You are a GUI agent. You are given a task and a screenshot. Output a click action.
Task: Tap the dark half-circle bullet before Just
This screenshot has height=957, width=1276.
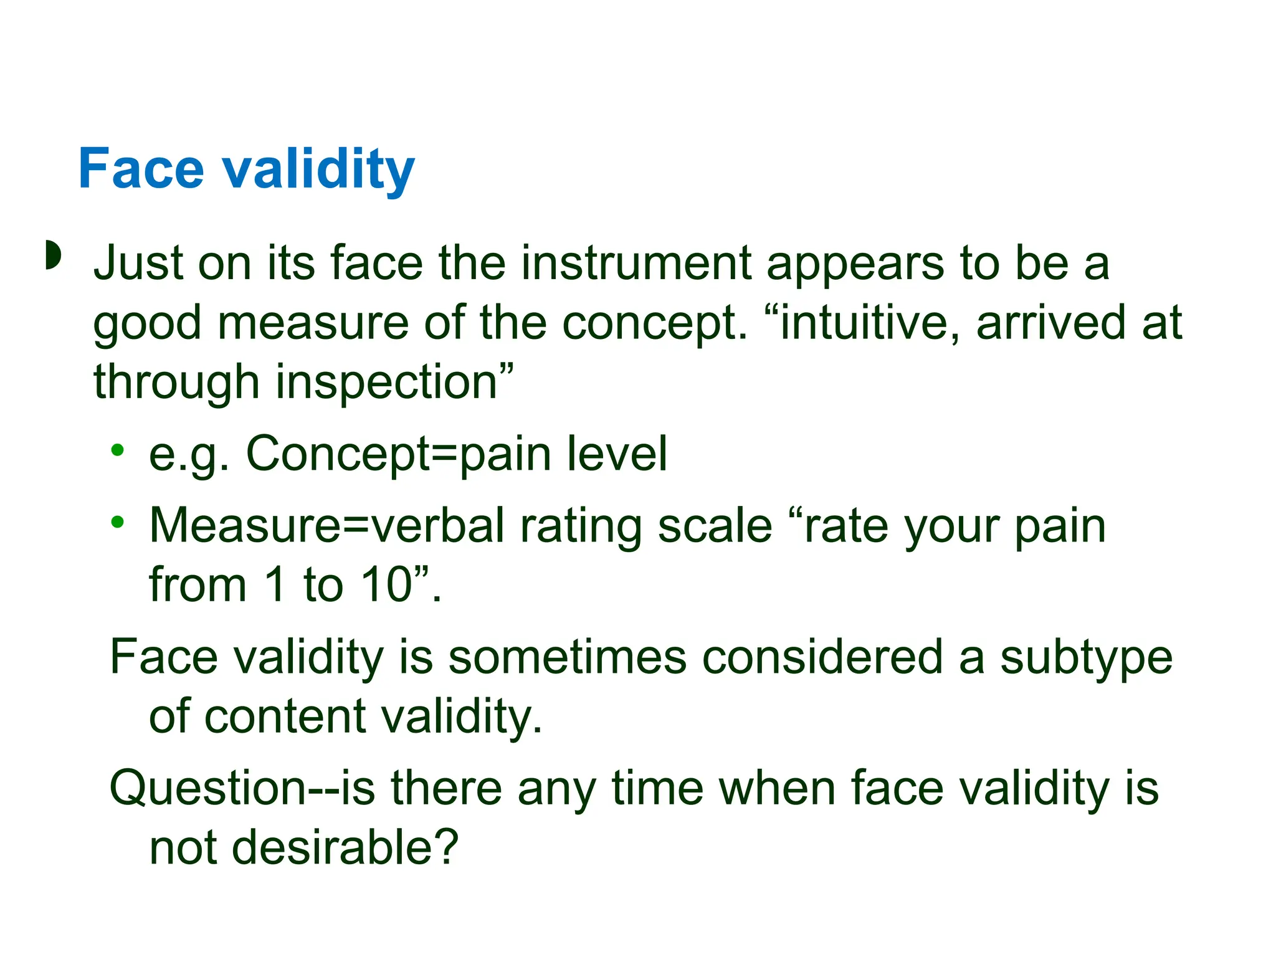click(54, 255)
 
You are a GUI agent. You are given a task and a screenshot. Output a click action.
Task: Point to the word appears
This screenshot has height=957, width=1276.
click(855, 265)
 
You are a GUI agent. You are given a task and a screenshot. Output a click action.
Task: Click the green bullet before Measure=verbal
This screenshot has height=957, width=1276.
click(118, 522)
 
